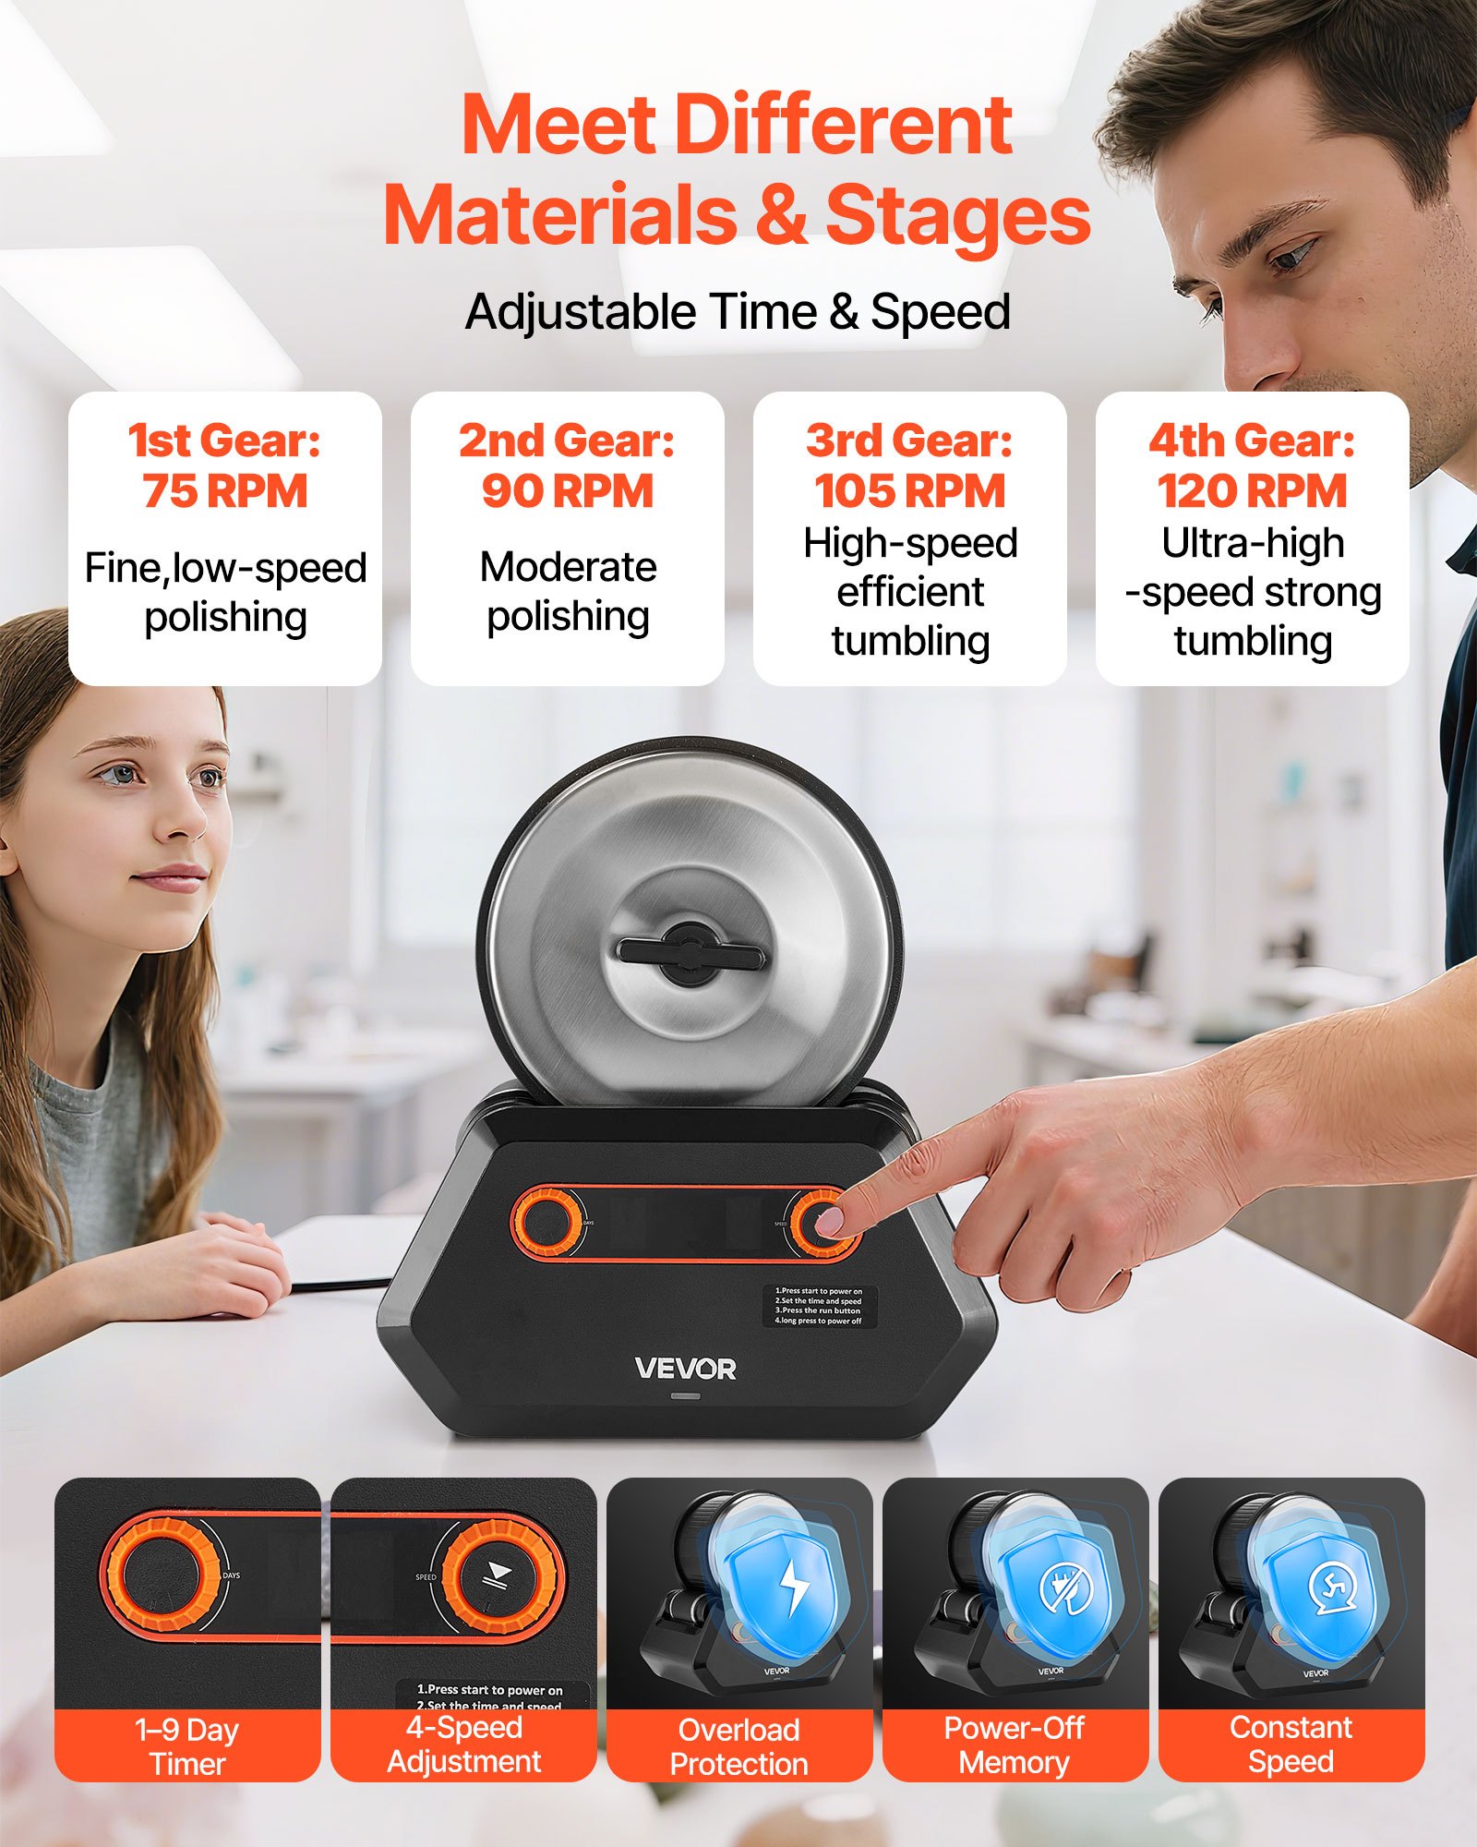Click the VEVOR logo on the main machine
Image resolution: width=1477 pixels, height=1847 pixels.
coord(685,1369)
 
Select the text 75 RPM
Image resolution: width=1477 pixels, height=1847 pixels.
coord(225,490)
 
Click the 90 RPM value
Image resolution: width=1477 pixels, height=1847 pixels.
coord(567,490)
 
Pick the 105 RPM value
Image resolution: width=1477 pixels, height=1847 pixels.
coord(909,490)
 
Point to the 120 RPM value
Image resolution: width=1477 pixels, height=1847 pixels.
coord(1252,490)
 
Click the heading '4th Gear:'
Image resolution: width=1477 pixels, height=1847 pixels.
coord(1252,441)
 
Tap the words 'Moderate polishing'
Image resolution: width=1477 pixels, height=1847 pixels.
coord(568,591)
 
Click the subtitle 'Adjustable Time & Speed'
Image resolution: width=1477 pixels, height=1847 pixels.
coord(738,311)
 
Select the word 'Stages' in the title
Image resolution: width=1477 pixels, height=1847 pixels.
coord(957,214)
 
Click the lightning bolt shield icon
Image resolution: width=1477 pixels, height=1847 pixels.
coord(792,1585)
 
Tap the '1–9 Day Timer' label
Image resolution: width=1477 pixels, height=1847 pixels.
coord(187,1745)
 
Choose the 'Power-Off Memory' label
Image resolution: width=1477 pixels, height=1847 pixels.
coord(1015,1744)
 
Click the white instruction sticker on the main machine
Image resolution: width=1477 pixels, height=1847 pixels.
coord(819,1306)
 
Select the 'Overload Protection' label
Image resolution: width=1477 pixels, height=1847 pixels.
coord(738,1745)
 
